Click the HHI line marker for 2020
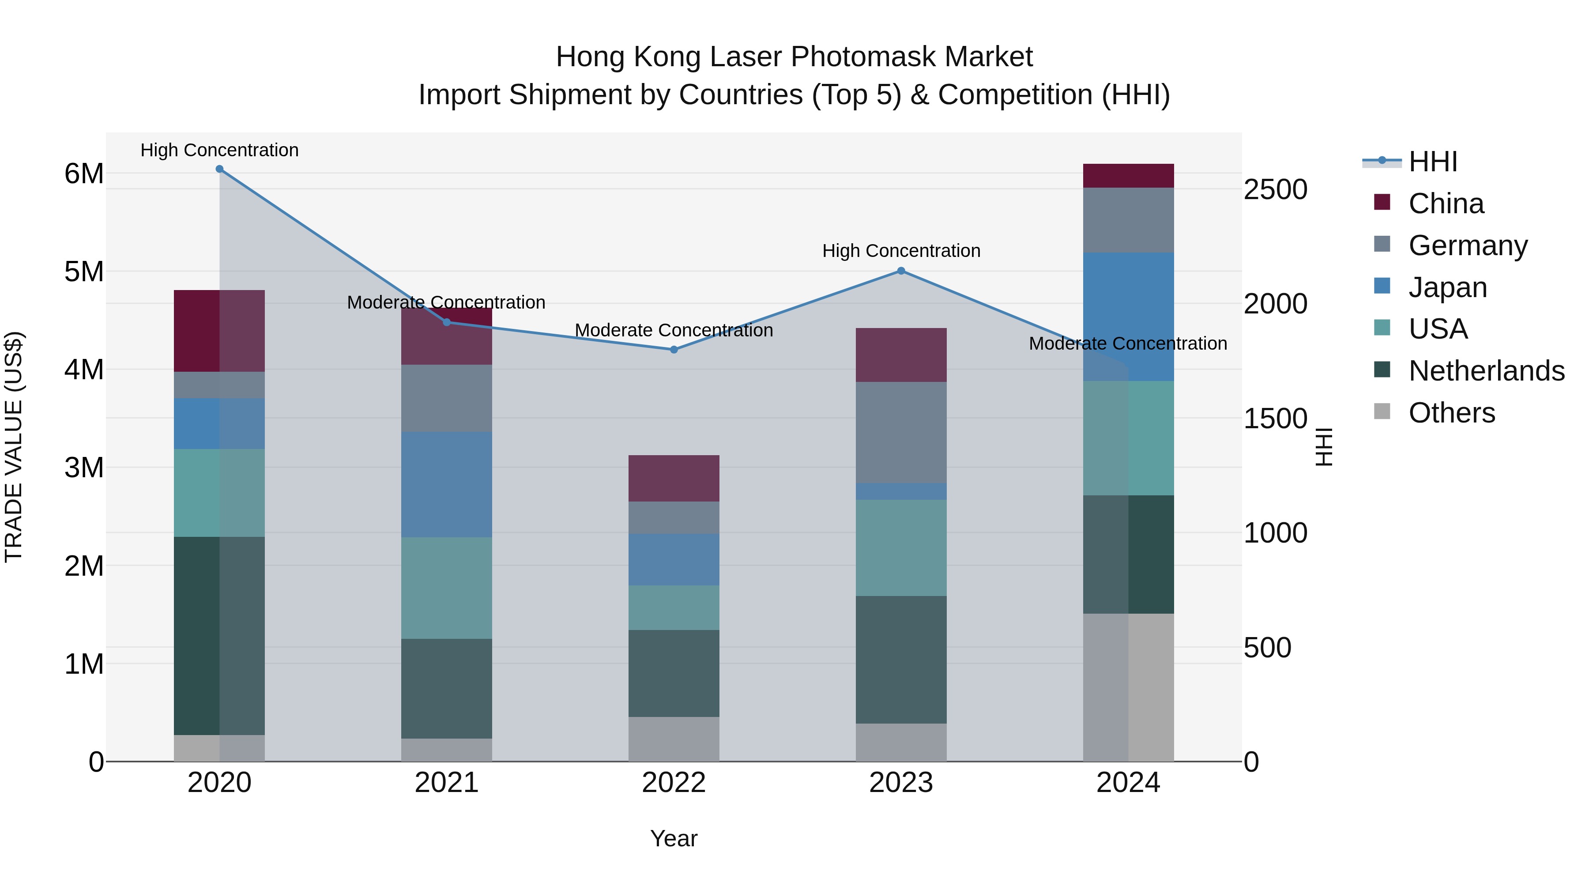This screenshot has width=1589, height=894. pos(220,169)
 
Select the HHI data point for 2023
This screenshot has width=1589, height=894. pos(901,271)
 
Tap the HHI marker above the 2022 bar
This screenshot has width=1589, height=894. pos(674,350)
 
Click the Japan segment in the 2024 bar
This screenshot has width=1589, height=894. pos(1128,316)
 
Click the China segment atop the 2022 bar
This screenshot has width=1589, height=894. pos(674,478)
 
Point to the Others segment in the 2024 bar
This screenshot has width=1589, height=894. pos(1128,687)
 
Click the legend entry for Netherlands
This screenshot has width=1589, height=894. pos(1487,371)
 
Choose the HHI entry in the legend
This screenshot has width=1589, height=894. pos(1433,162)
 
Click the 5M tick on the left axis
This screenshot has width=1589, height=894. pos(84,272)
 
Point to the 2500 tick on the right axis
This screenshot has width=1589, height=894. pos(1275,189)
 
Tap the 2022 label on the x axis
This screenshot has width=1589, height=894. pos(674,783)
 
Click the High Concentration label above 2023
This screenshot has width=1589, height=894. pos(901,251)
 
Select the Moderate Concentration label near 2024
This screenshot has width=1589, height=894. pos(1128,343)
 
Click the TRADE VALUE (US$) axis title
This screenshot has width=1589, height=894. pos(14,447)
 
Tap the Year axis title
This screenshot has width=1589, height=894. pos(674,838)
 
